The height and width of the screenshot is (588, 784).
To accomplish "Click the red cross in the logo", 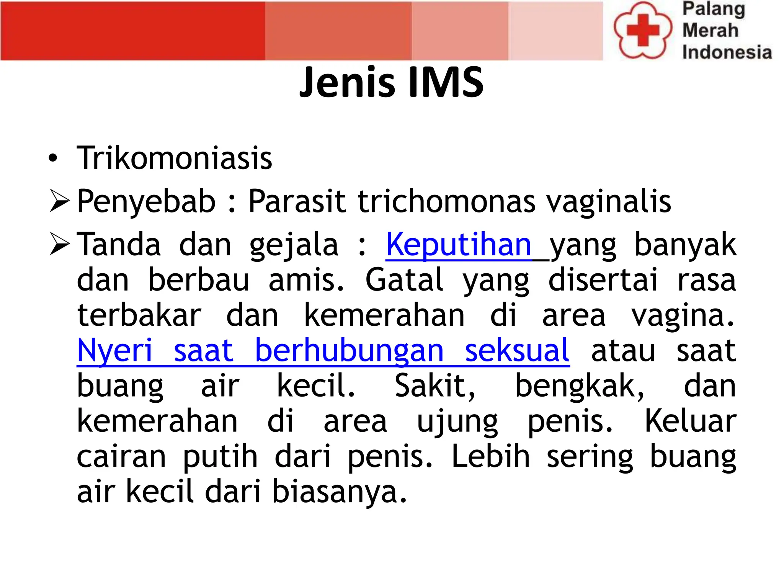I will (x=643, y=30).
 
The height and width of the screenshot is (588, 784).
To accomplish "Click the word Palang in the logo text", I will (x=714, y=9).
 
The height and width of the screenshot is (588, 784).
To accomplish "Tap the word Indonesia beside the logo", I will (x=727, y=52).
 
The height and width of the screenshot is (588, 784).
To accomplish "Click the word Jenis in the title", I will (x=347, y=82).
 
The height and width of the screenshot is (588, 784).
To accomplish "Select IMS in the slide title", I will (x=446, y=82).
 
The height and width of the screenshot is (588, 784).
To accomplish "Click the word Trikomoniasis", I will (x=174, y=158).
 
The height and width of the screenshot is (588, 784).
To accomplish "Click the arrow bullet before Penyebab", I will (x=59, y=202).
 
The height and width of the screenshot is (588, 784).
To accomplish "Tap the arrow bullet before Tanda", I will (x=59, y=245).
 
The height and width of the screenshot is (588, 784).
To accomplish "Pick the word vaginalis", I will (x=609, y=202).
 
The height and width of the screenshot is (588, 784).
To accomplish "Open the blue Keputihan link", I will (x=459, y=245).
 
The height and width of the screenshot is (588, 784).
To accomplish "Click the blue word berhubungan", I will (x=349, y=350).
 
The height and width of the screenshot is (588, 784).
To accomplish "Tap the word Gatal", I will (x=404, y=280).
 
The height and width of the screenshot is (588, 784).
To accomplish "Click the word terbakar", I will (x=139, y=315).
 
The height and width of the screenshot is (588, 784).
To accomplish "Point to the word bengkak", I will (x=579, y=386).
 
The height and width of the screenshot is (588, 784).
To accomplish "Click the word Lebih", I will (x=490, y=456).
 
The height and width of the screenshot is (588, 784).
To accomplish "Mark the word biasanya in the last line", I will (x=339, y=492).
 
